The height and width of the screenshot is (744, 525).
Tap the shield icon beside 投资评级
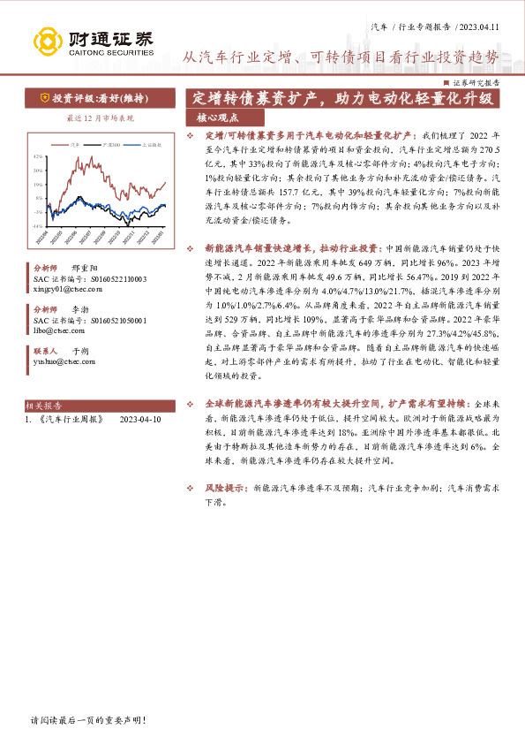(44, 98)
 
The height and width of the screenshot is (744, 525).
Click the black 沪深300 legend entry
(108, 143)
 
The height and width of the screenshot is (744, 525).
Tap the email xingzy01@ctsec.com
(64, 287)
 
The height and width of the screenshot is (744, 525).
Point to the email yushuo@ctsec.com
(60, 361)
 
